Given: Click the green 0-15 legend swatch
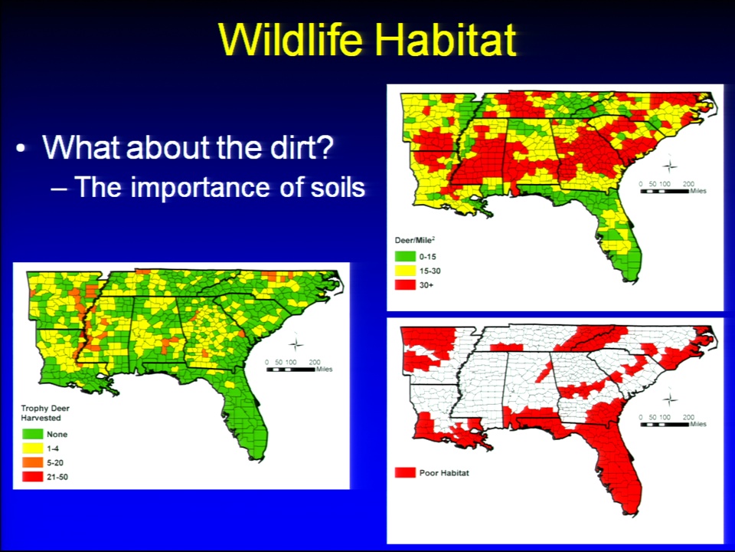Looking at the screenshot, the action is pos(405,257).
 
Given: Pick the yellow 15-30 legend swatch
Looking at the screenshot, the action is pos(405,271).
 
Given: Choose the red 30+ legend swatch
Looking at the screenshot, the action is pos(405,285).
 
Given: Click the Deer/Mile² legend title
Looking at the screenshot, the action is pos(415,240).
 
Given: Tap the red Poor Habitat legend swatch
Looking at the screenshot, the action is pos(405,473).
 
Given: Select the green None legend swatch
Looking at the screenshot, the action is pos(32,434).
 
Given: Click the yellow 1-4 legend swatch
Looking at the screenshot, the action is pos(32,449).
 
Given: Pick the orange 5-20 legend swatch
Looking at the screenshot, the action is pos(32,463).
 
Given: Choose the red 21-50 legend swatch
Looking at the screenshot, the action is pos(32,477).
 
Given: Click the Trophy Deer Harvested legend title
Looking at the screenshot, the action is pos(45,413).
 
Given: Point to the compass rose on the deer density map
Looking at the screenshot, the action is pos(670,166).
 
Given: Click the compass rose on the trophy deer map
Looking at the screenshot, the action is pos(296,344).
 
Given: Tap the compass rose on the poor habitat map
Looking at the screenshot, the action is pos(670,399).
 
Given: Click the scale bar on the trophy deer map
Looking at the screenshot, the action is pos(291,370).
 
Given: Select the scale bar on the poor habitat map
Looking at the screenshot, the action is pos(665,424).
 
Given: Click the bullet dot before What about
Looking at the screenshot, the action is pos(21,148).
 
